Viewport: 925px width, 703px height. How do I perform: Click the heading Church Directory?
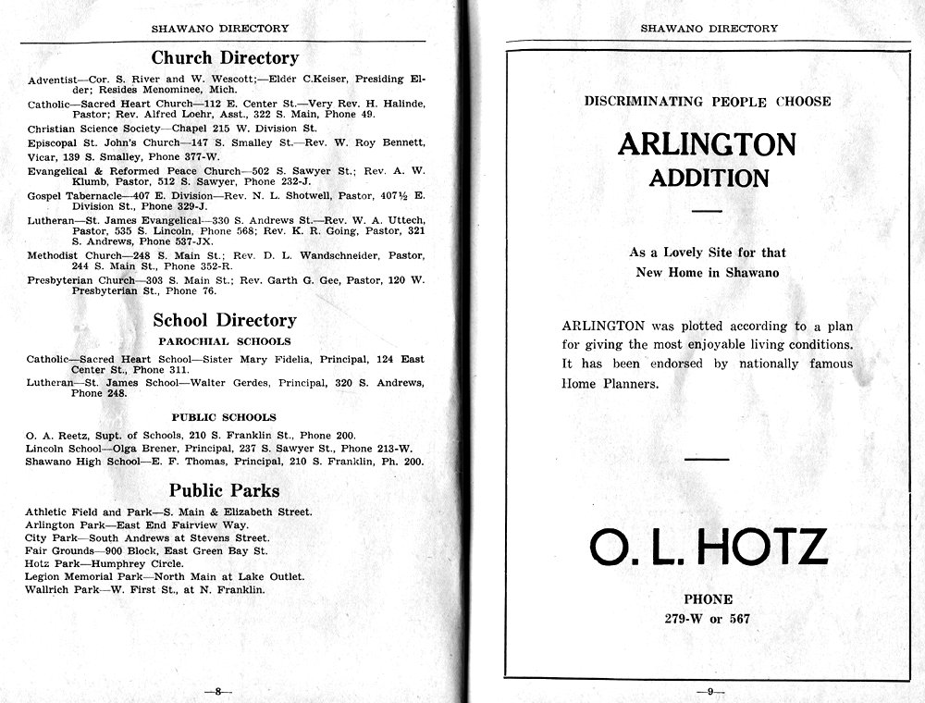[x=225, y=57]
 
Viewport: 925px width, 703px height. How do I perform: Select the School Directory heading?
[x=225, y=320]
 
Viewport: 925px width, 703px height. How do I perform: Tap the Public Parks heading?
[x=224, y=490]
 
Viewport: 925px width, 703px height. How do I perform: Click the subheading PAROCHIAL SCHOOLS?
[x=224, y=341]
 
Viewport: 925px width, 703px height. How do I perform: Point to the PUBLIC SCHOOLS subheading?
[x=224, y=417]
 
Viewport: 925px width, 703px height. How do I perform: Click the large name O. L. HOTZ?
[x=708, y=547]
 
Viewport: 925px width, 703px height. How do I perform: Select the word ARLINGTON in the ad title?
[x=708, y=144]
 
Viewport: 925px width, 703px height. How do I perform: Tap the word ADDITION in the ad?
[x=709, y=178]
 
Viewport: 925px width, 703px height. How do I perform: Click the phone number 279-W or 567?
[x=708, y=619]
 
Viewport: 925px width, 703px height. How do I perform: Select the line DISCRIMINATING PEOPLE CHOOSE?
[x=708, y=101]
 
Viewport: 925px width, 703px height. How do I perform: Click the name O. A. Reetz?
[x=55, y=435]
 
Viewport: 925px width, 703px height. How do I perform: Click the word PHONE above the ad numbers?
[x=708, y=599]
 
